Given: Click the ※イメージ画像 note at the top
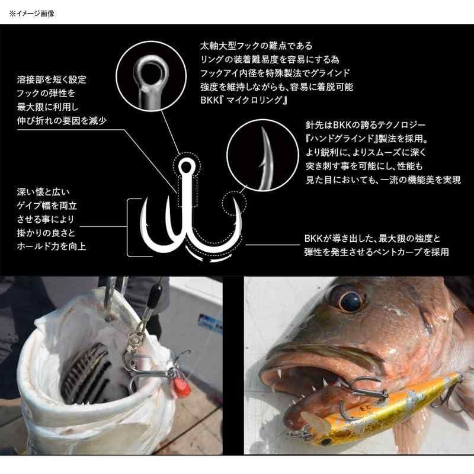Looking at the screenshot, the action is [x=31, y=14].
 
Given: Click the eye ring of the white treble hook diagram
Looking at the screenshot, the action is [x=186, y=167].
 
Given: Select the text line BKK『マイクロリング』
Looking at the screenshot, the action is [x=244, y=100].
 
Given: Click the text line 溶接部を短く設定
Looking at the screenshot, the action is [x=52, y=80].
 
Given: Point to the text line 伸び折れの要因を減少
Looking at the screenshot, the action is [x=62, y=121].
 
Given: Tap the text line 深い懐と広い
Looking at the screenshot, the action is [x=43, y=192].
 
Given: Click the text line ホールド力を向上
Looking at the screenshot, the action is [x=52, y=246].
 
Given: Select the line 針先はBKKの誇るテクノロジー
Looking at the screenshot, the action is [x=366, y=125].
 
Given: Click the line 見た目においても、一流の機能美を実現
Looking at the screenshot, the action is [x=383, y=180].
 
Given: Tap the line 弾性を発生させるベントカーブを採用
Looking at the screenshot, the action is [x=377, y=252].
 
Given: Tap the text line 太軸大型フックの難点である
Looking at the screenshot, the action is [x=257, y=46].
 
